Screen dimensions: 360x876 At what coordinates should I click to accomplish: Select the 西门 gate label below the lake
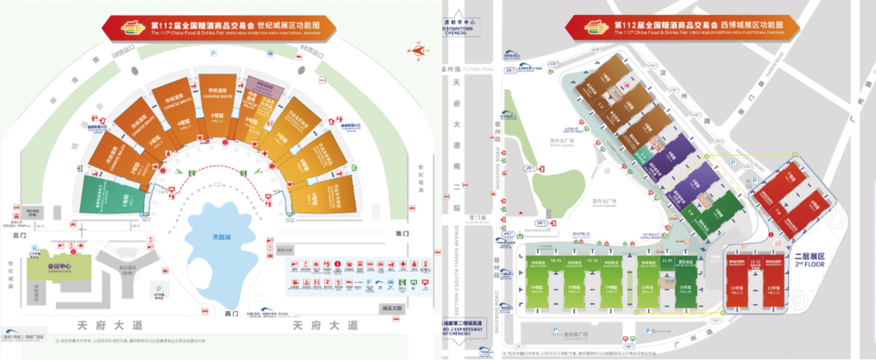point(230,313)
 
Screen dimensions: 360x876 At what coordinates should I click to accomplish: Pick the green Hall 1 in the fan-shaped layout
point(112,196)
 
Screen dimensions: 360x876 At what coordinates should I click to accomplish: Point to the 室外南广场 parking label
point(574,334)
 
